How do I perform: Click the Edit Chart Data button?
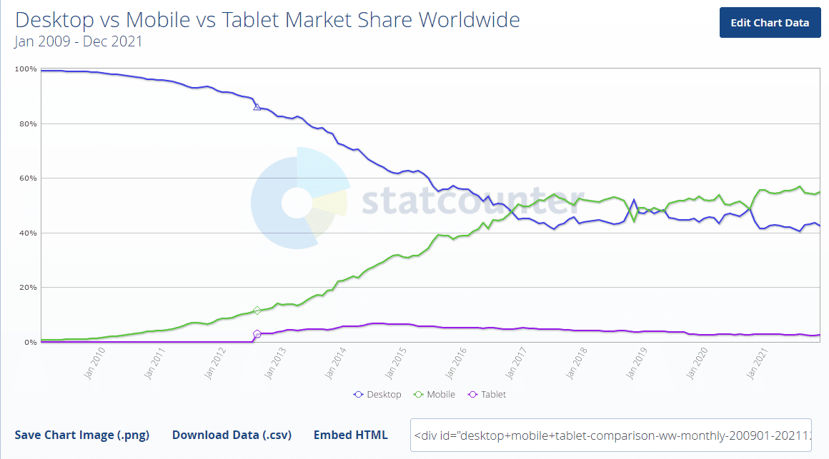[x=770, y=23]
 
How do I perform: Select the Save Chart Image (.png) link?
[x=82, y=435]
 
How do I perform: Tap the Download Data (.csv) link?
[x=232, y=435]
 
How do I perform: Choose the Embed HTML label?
[x=351, y=435]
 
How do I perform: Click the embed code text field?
[x=611, y=435]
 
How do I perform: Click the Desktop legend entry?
[x=378, y=395]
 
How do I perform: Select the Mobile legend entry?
[x=435, y=395]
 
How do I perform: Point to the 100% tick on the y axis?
[x=26, y=69]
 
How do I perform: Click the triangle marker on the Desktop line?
[x=257, y=107]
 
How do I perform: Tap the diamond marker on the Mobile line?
[x=257, y=311]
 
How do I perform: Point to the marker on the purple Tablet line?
[x=257, y=333]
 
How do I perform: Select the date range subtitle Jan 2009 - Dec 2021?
[x=79, y=41]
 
